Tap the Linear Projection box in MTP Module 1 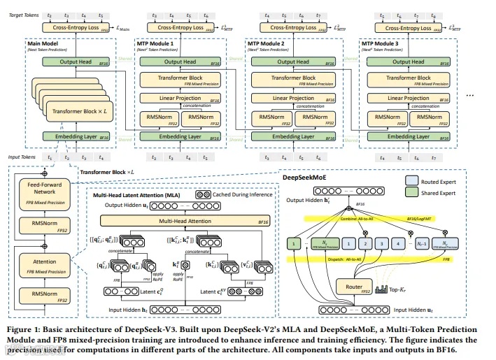pyautogui.click(x=180, y=99)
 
